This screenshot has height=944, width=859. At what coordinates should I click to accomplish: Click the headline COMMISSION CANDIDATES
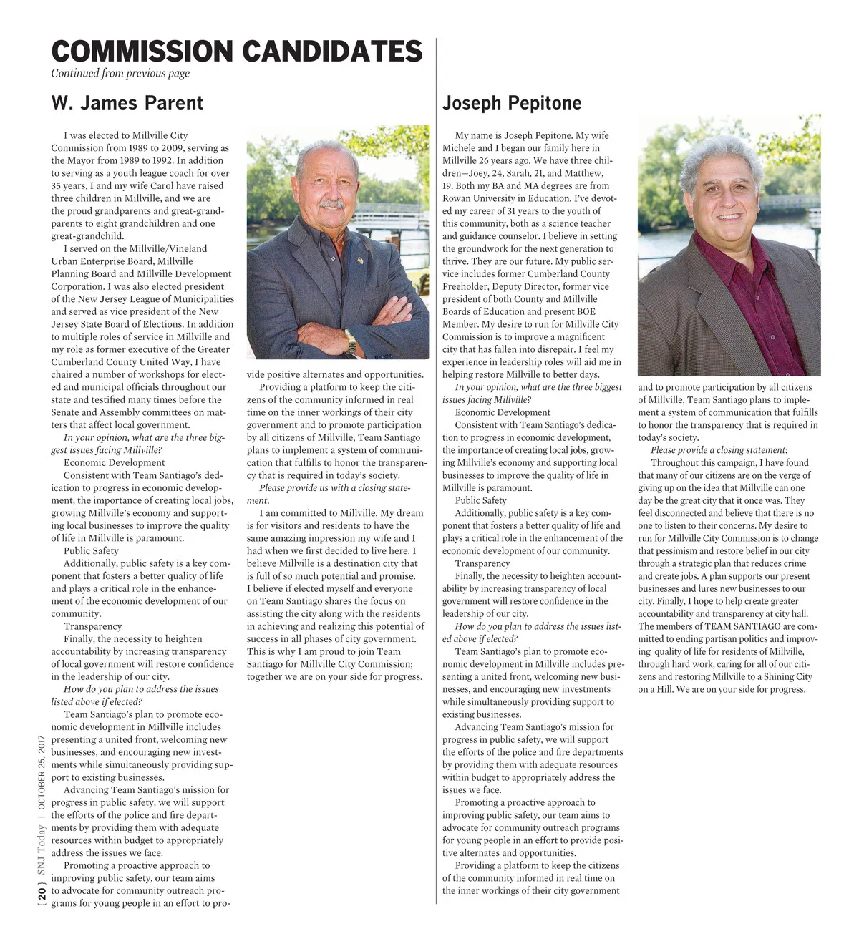pos(237,52)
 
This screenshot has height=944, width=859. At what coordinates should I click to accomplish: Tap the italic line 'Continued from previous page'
pos(120,74)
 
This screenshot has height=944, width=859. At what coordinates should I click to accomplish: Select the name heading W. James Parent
pos(127,103)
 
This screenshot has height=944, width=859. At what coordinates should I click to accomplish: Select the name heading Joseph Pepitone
pos(512,103)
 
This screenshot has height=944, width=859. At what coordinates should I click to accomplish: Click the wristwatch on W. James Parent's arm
pos(350,340)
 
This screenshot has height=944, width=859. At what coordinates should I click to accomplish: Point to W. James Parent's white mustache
pos(331,205)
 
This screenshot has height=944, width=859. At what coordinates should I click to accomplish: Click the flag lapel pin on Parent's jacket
pos(360,260)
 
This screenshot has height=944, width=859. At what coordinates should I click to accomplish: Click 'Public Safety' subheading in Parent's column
pos(91,551)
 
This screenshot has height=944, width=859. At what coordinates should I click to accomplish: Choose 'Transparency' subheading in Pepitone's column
pos(483,564)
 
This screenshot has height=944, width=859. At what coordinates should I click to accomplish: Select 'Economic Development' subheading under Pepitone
pos(503,413)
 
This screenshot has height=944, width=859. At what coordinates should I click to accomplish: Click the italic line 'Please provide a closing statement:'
pos(719,450)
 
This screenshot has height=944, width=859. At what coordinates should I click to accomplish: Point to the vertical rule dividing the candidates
pos(436,501)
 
